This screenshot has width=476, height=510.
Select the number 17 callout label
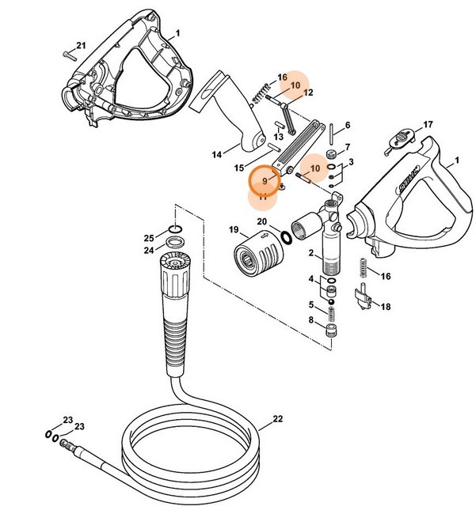click(x=428, y=125)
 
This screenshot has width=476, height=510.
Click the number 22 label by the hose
click(x=276, y=419)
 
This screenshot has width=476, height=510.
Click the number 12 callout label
click(x=308, y=93)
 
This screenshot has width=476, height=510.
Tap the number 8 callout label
click(x=311, y=320)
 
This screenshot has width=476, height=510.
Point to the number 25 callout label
click(x=148, y=238)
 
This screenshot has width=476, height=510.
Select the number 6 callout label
click(x=347, y=125)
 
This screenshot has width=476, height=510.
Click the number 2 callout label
click(x=311, y=255)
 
